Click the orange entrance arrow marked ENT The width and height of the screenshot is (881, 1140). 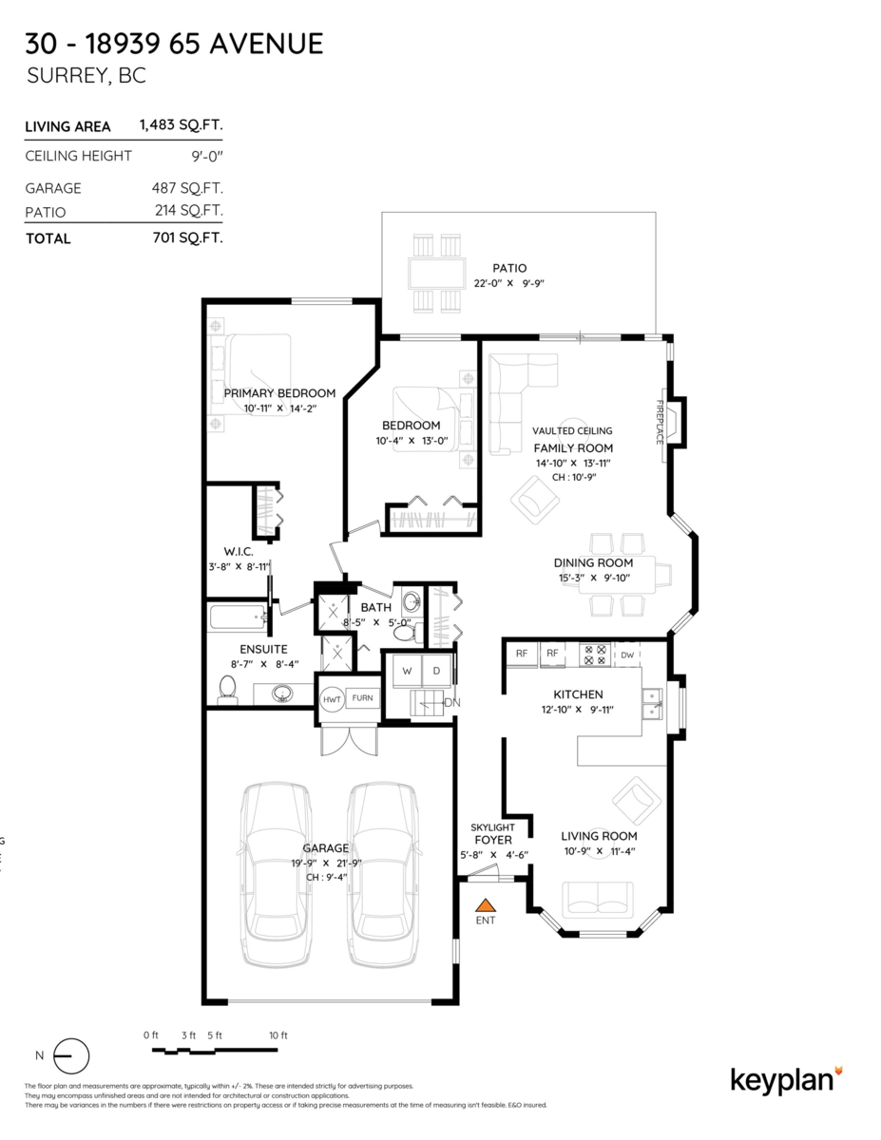pos(486,904)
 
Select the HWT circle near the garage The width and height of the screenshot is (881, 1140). pos(332,699)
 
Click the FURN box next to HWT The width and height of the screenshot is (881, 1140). pos(362,698)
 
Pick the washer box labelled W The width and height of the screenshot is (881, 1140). pos(408,671)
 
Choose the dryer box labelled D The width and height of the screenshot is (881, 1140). pos(437,671)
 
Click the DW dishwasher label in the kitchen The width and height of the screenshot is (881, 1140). pos(627,655)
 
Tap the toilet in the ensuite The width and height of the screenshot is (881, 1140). pos(227,688)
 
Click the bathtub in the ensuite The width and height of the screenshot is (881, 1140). pos(237,619)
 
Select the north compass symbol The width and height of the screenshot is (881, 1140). pos(70,1055)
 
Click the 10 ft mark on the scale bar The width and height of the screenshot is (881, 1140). pos(278,1035)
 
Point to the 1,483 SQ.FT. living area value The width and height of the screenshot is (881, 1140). pos(181,125)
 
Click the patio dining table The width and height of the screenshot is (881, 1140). pos(435,275)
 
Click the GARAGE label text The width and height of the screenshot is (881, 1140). pos(325,848)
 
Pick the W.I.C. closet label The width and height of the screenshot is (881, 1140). pos(238,552)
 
